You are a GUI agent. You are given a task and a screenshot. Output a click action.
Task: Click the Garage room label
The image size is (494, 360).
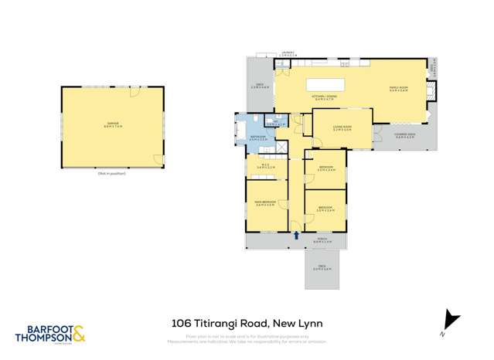pos(113,124)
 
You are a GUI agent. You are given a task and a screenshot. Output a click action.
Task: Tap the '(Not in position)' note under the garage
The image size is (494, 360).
pos(112,173)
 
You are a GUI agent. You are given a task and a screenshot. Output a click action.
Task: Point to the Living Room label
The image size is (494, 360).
pos(342,127)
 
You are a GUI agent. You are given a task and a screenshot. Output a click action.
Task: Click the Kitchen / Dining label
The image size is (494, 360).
pos(323,98)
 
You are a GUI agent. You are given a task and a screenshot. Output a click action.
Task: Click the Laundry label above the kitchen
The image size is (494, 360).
pos(288,53)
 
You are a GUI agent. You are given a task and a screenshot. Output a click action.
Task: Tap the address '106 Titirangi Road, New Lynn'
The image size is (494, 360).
pos(247,324)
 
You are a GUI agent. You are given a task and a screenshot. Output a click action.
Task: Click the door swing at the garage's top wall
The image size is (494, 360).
pos(135,92)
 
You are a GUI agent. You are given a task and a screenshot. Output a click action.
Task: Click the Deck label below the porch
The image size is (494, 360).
pos(322,267)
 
